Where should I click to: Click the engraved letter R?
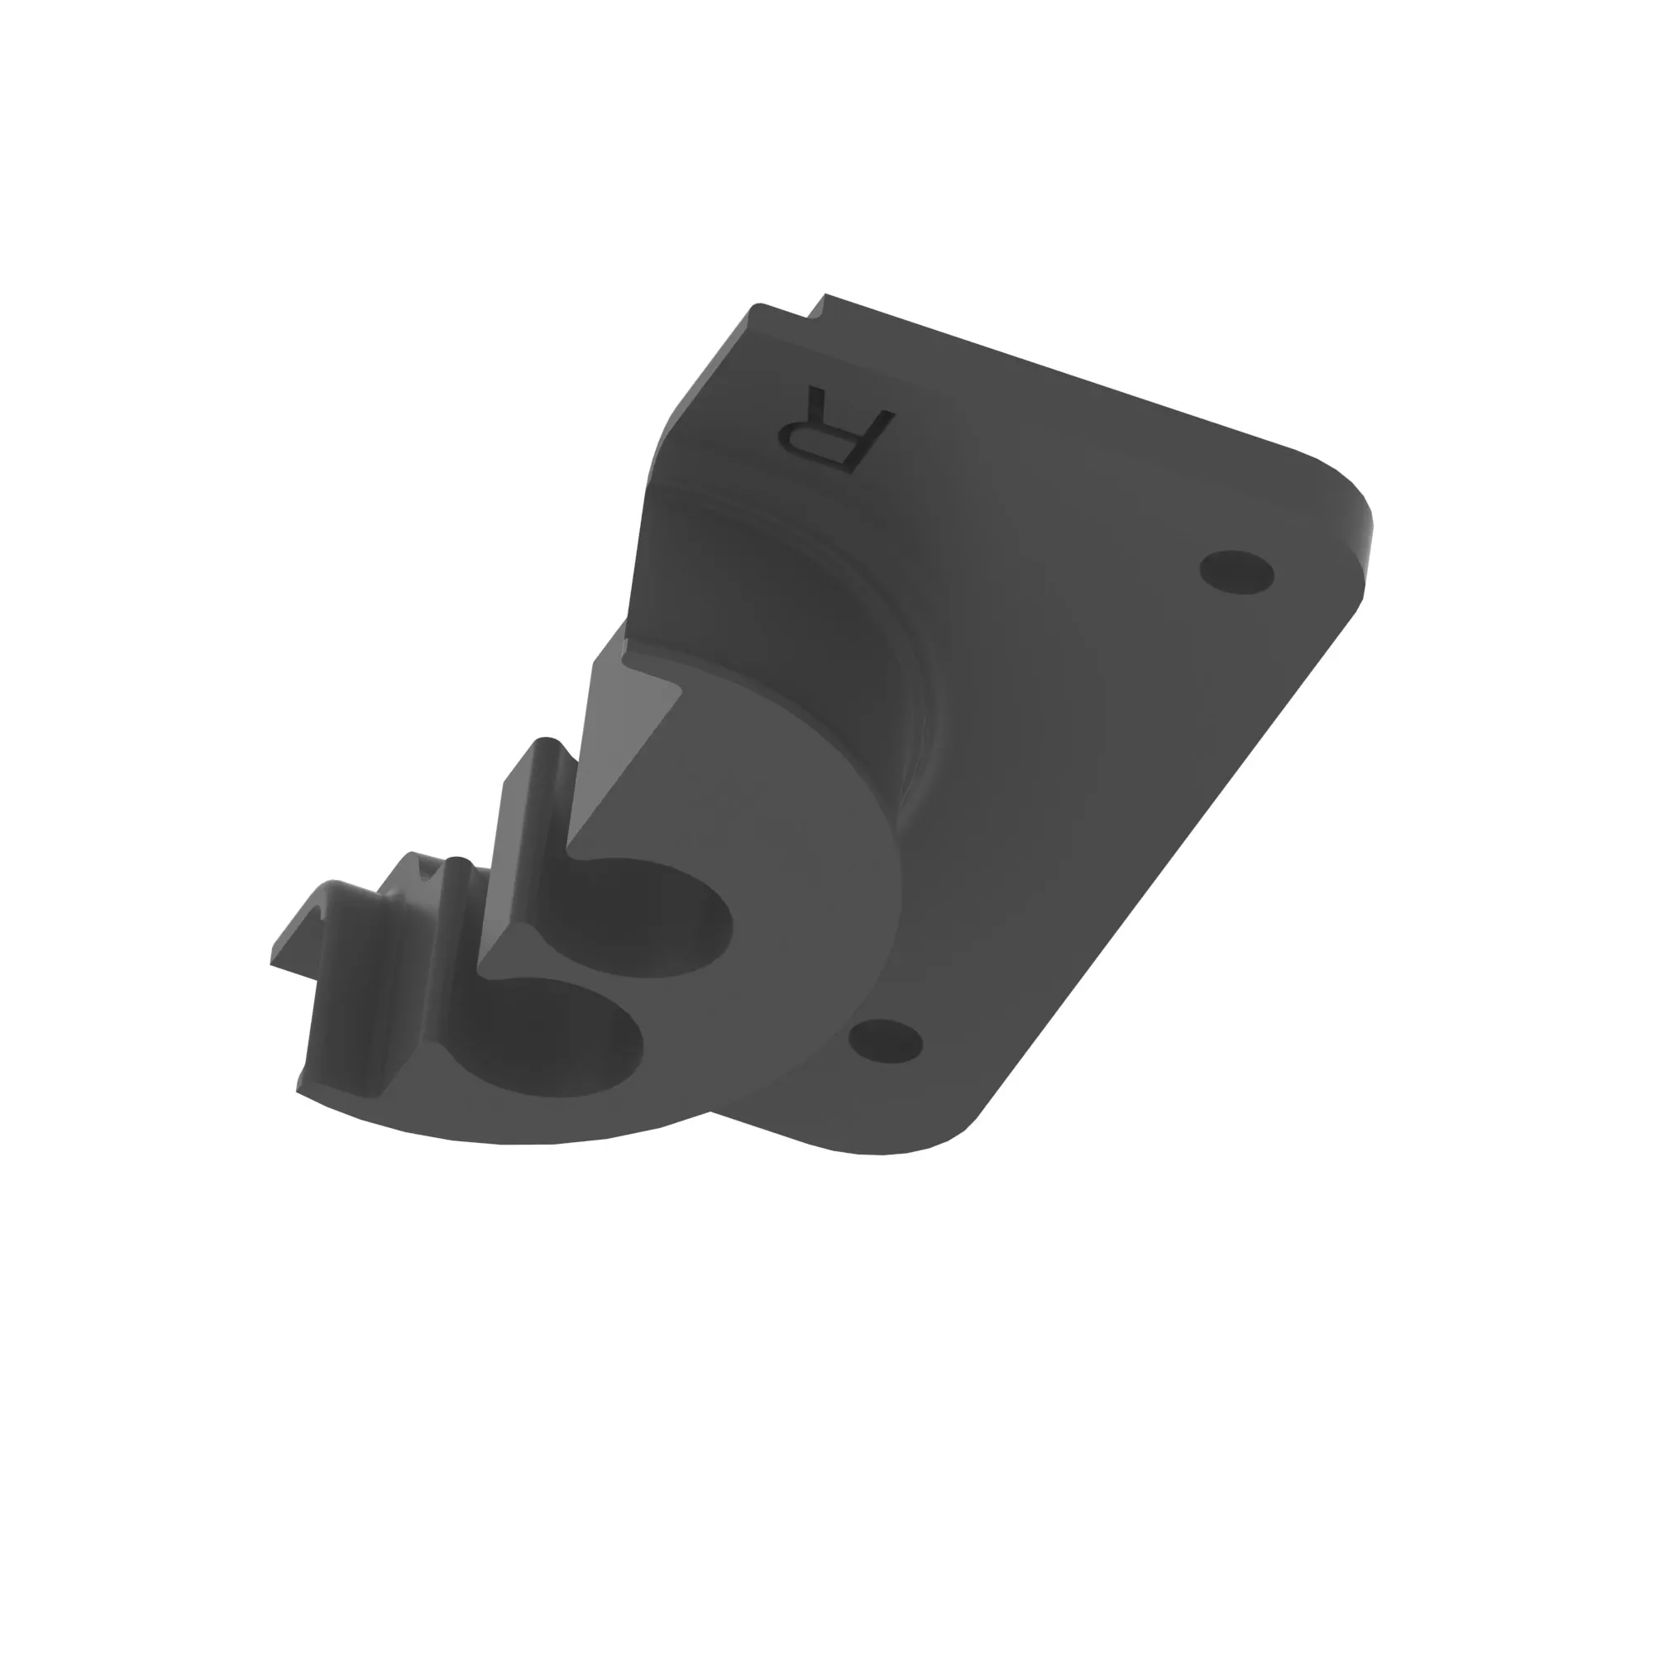click(x=834, y=427)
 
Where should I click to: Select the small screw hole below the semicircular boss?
click(x=885, y=1041)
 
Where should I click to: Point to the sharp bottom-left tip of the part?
click(x=297, y=1092)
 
